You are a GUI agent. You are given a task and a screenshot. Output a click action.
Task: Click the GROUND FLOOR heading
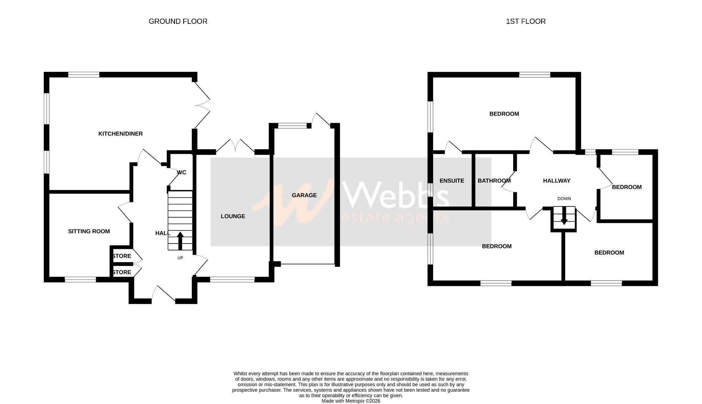(x=178, y=21)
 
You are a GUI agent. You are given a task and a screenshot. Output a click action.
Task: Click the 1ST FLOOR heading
(x=525, y=21)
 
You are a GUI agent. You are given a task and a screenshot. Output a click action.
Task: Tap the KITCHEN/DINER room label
(x=120, y=134)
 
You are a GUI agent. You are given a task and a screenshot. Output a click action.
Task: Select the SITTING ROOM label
(x=89, y=231)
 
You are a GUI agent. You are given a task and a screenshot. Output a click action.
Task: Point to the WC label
(x=182, y=172)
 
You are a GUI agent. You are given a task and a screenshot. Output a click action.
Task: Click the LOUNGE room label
(x=233, y=216)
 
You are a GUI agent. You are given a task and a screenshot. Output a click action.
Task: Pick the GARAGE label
(x=304, y=195)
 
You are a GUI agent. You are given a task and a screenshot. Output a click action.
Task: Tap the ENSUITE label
(x=452, y=181)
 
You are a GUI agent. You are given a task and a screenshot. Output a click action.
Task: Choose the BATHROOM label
(x=494, y=181)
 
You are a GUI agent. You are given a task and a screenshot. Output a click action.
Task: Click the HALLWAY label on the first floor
(x=557, y=181)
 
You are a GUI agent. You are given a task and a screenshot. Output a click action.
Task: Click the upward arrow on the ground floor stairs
(x=180, y=241)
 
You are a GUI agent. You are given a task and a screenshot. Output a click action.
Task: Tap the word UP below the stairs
(x=180, y=258)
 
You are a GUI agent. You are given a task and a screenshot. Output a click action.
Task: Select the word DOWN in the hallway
(x=564, y=199)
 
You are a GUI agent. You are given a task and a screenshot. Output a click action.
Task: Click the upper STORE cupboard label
(x=122, y=256)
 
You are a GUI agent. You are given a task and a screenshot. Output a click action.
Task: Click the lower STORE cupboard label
(x=122, y=272)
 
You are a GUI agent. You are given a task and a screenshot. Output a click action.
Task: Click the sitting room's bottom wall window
(x=80, y=279)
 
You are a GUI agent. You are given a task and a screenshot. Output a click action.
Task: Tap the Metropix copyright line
(x=351, y=401)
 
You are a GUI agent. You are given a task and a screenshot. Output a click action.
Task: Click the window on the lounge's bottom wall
(x=232, y=279)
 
